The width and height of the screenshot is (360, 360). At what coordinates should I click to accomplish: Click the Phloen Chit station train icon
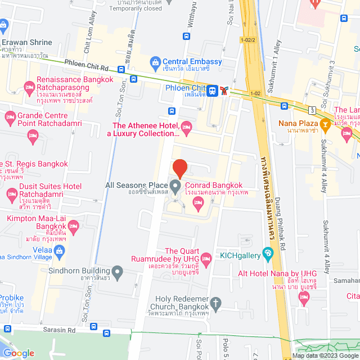pyautogui.click(x=213, y=90)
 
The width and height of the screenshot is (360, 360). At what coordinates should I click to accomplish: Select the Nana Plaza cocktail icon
pyautogui.click(x=325, y=123)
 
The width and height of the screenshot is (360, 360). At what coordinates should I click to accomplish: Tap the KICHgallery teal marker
pyautogui.click(x=268, y=251)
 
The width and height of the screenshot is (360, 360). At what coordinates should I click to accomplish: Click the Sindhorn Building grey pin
pyautogui.click(x=118, y=273)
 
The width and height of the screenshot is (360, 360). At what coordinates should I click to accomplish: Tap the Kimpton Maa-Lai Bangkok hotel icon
pyautogui.click(x=73, y=226)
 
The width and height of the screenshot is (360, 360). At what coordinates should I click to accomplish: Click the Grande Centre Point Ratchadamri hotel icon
pyautogui.click(x=10, y=118)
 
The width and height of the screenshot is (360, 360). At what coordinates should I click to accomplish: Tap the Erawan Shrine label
pyautogui.click(x=26, y=42)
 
